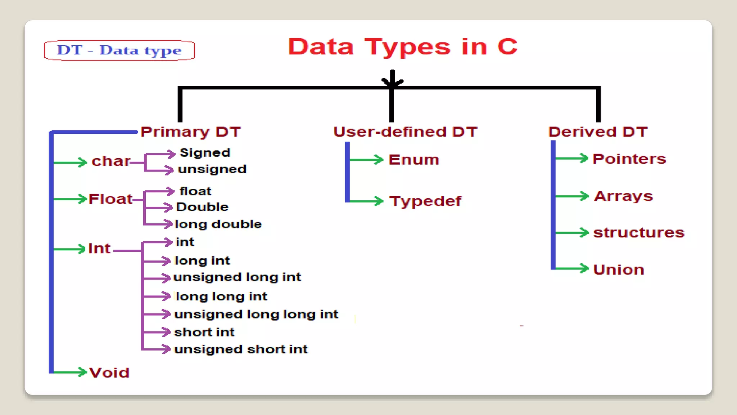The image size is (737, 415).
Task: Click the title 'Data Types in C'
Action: (x=403, y=47)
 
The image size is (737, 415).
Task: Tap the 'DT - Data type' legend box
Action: (x=119, y=50)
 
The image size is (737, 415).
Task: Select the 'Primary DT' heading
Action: (x=190, y=132)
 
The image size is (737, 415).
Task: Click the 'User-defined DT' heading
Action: (x=405, y=132)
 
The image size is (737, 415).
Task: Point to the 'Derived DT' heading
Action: (x=598, y=132)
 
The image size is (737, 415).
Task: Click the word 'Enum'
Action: (x=414, y=160)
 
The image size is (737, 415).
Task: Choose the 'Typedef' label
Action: (x=425, y=201)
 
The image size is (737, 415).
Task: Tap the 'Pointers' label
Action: (x=629, y=159)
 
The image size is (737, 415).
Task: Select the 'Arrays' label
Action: (x=623, y=196)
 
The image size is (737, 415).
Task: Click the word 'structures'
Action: (x=639, y=233)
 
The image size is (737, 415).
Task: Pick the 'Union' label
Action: (x=619, y=269)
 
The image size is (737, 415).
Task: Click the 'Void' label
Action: (x=109, y=372)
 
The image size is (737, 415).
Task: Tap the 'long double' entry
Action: (x=218, y=224)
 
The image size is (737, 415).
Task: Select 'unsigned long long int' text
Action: (x=256, y=314)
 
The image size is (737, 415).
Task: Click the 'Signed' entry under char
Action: (x=205, y=153)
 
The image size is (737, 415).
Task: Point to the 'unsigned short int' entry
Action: (x=241, y=349)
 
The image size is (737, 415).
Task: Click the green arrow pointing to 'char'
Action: (x=70, y=162)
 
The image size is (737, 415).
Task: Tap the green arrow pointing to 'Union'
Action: (x=571, y=268)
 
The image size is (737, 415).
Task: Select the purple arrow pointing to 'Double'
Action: (x=158, y=207)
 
